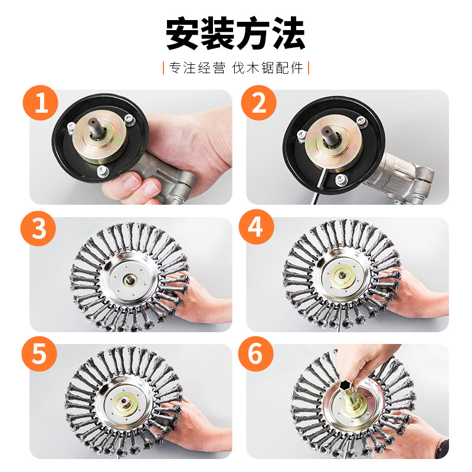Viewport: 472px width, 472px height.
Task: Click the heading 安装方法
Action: click(236, 34)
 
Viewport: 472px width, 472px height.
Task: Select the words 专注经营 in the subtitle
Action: click(197, 68)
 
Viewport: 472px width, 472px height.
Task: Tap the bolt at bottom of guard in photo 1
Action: click(103, 171)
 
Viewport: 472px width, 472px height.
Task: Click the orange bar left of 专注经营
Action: click(163, 68)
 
